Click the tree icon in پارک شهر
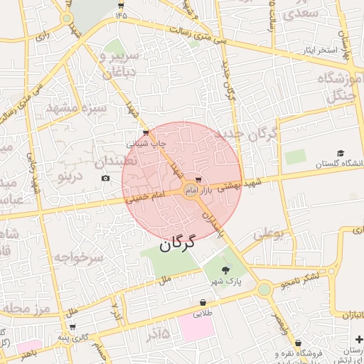coord(226,269)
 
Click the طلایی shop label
coord(203,312)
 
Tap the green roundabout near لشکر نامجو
coord(264,289)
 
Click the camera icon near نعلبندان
coord(106,178)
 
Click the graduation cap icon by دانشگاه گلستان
coord(341,153)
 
